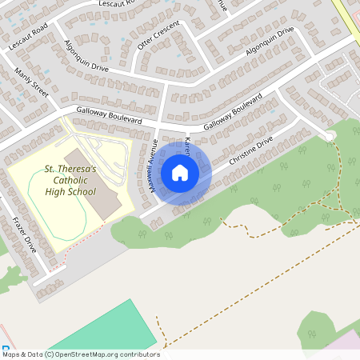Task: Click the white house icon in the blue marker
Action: click(x=180, y=172)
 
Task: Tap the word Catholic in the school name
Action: click(x=70, y=181)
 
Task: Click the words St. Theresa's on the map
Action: click(x=70, y=170)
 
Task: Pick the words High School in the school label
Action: click(x=70, y=192)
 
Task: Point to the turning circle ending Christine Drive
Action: click(x=329, y=135)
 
